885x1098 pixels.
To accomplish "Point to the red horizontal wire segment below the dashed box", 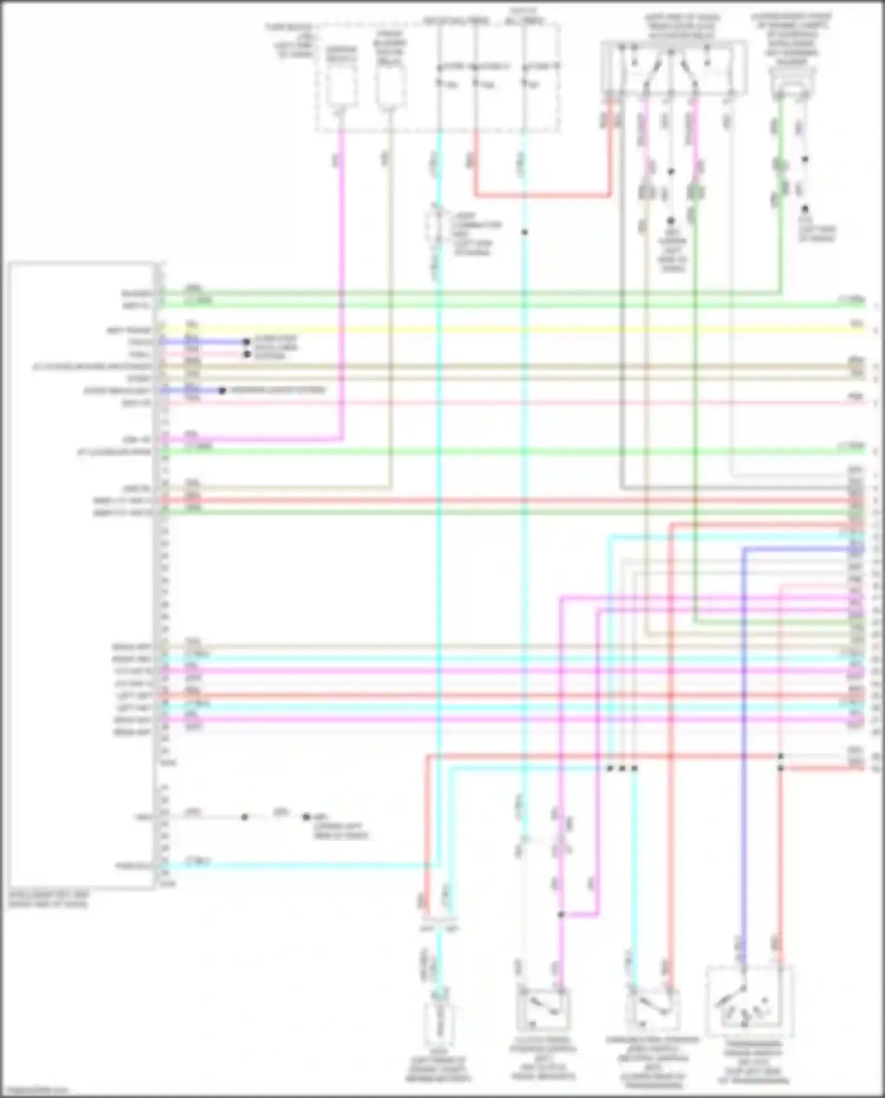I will [x=543, y=195].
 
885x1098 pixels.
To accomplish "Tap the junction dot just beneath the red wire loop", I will [x=524, y=232].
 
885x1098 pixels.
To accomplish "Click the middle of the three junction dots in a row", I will [x=622, y=768].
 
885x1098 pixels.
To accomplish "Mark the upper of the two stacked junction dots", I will [x=781, y=756].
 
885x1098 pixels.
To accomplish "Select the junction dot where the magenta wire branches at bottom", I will [x=561, y=915].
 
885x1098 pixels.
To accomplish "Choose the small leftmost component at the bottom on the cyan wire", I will [x=438, y=1024].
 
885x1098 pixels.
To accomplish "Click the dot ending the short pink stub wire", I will [x=247, y=354].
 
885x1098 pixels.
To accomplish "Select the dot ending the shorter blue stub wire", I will [x=222, y=391].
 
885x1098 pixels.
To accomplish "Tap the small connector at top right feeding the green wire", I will [x=792, y=83].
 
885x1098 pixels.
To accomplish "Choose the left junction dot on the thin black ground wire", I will [x=244, y=817].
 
